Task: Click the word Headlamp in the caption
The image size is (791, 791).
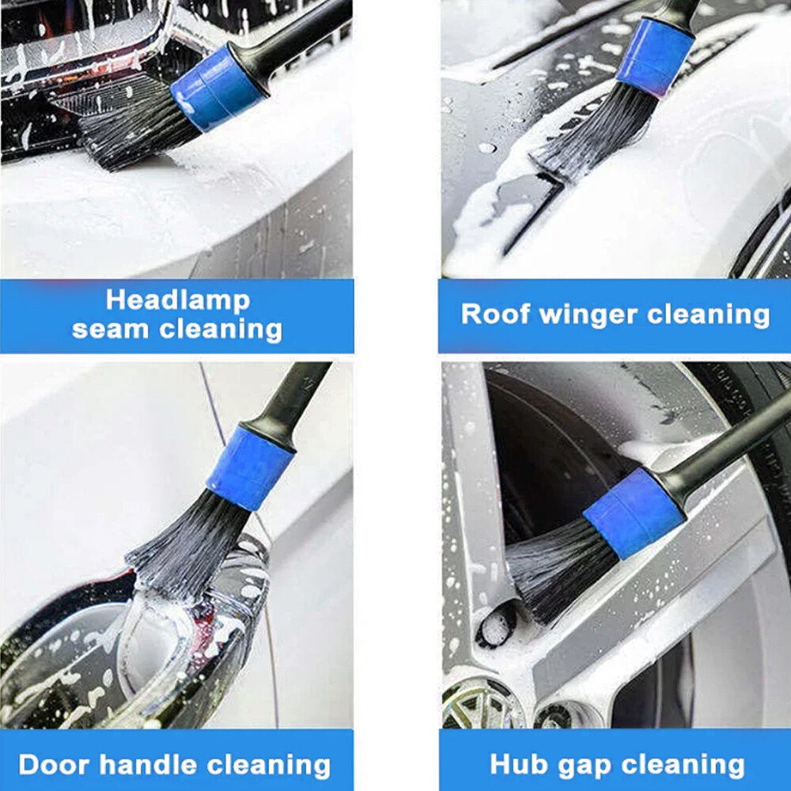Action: [177, 300]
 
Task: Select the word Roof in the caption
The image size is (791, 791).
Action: [495, 314]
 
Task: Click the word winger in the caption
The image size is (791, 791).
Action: [589, 314]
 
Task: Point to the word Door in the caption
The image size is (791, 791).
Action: [52, 765]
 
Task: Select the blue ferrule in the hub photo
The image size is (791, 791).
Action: [634, 513]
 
